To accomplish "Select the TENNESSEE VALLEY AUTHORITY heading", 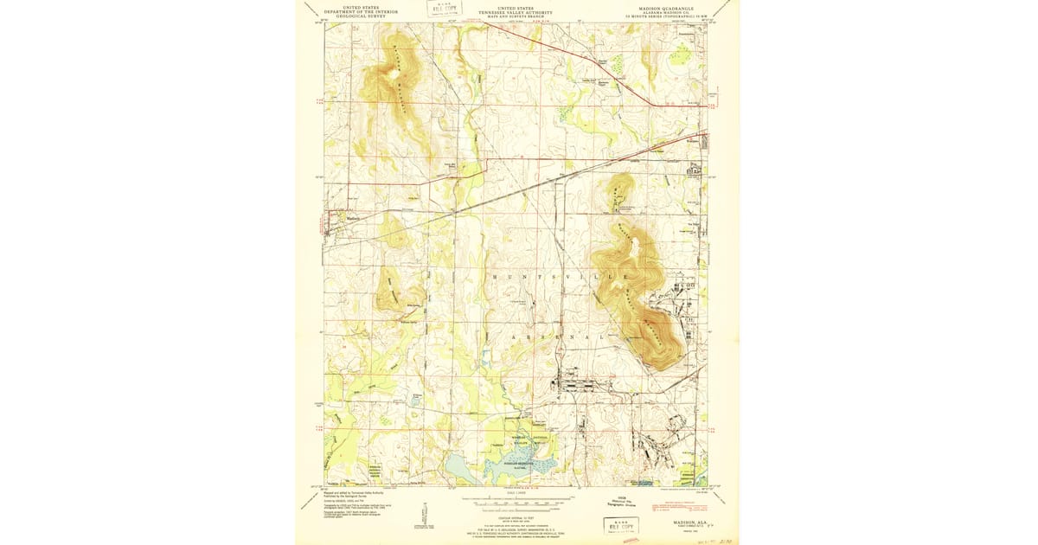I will coord(516,10).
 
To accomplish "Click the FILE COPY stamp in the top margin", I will coord(446,10).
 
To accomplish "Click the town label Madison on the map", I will coord(352,218).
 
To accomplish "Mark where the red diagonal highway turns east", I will coord(654,105).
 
